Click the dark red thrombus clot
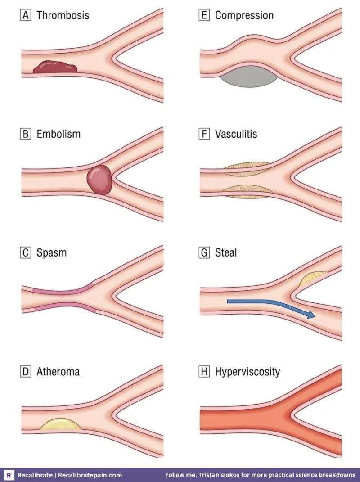[x=55, y=67]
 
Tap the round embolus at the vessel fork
[x=99, y=180]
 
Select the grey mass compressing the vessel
[x=249, y=77]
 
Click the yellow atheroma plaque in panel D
[x=61, y=424]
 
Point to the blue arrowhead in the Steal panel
[x=310, y=315]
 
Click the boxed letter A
[x=26, y=15]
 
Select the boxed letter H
[x=204, y=372]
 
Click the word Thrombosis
[x=63, y=15]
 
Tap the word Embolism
[x=58, y=134]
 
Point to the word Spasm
[x=51, y=253]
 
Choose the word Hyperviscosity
[x=247, y=372]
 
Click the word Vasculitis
[x=236, y=134]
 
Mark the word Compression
[x=244, y=15]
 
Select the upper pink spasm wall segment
[x=63, y=289]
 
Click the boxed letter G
[x=204, y=252]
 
